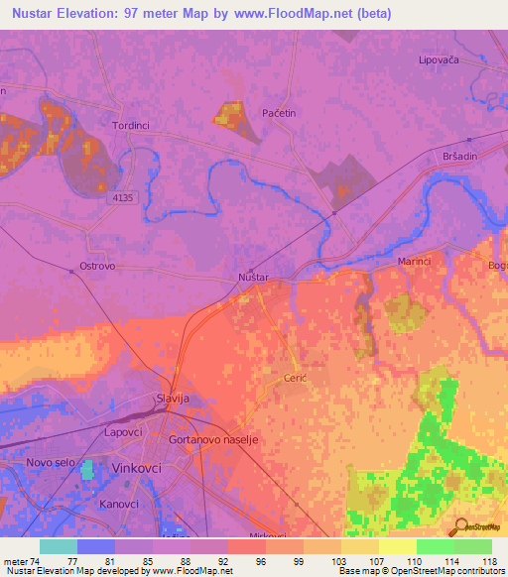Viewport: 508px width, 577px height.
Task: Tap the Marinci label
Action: point(415,261)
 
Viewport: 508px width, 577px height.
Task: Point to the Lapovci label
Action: point(125,432)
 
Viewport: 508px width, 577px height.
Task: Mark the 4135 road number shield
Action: point(122,197)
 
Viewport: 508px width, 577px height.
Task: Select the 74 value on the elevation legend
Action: point(36,560)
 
